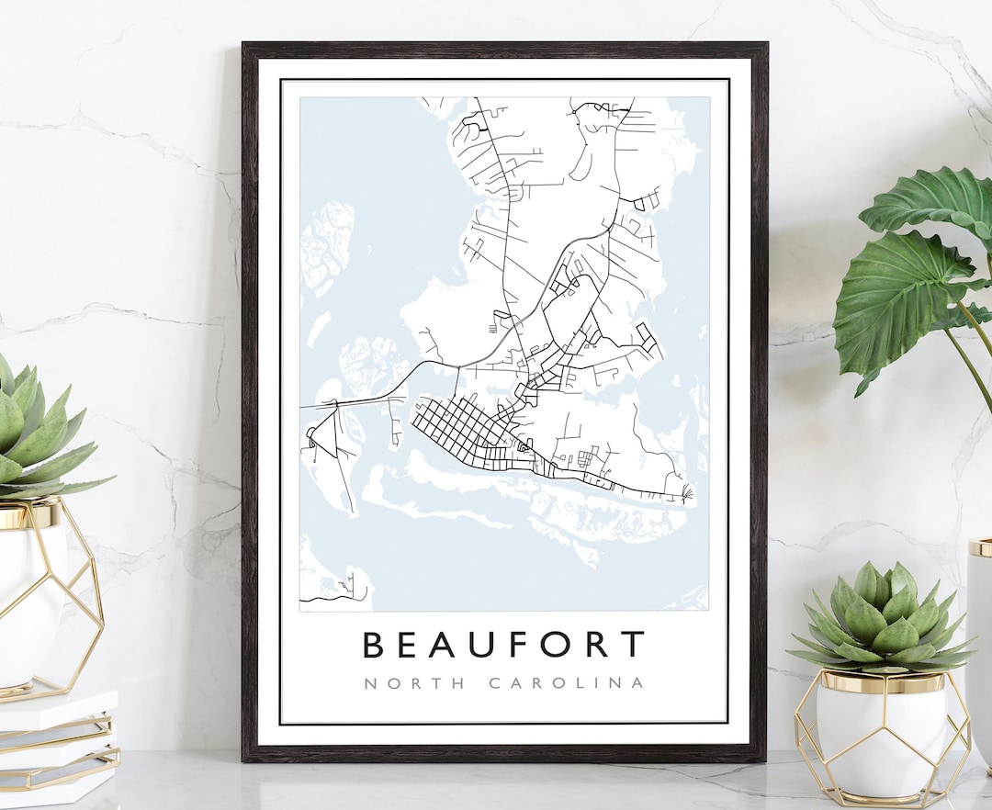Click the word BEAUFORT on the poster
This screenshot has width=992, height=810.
pyautogui.click(x=503, y=644)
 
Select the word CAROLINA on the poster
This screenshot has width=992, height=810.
pyautogui.click(x=567, y=683)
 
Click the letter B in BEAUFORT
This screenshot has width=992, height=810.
pyautogui.click(x=373, y=644)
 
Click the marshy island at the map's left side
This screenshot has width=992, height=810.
pyautogui.click(x=328, y=243)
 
